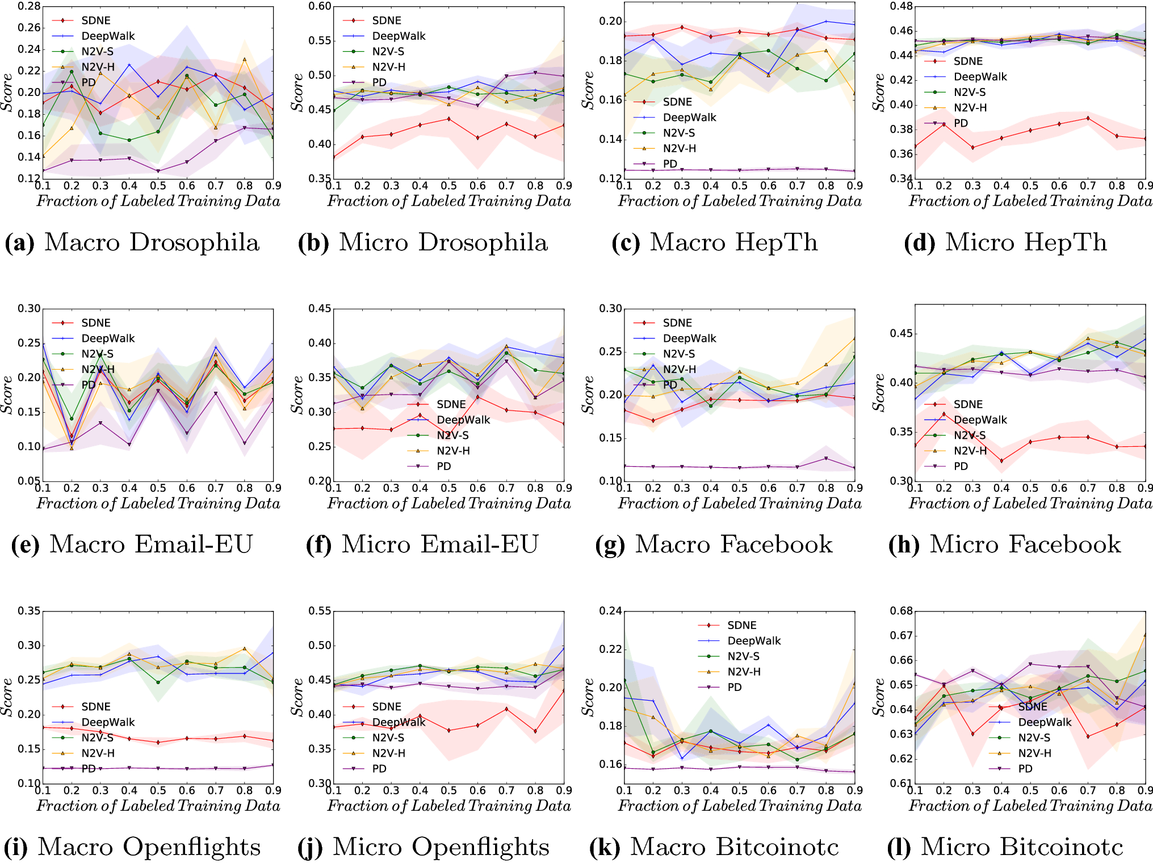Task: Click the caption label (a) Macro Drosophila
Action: click(132, 242)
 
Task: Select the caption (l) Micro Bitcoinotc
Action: click(1005, 847)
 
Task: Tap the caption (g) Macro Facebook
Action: click(714, 544)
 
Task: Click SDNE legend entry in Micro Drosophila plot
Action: click(386, 20)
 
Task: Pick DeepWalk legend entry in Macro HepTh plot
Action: click(689, 118)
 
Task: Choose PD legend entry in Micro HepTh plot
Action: click(961, 123)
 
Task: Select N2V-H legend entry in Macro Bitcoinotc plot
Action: click(743, 672)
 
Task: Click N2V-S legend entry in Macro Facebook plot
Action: click(678, 354)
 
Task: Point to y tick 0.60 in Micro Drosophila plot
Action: click(320, 7)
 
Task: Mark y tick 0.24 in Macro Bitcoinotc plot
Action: click(610, 611)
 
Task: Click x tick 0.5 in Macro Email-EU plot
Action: click(158, 488)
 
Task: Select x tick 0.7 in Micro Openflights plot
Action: click(506, 790)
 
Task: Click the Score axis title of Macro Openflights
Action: click(7, 697)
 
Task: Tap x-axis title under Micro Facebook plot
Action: click(1030, 504)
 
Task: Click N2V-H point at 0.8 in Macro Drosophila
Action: click(245, 60)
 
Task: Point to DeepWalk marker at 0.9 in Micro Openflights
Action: click(564, 648)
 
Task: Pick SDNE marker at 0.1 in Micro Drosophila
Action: click(334, 157)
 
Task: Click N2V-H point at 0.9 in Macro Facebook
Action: click(854, 338)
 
